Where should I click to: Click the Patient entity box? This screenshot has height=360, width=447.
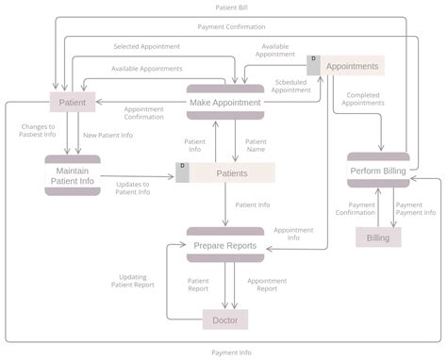tap(73, 102)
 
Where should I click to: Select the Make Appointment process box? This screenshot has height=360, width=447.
tap(224, 102)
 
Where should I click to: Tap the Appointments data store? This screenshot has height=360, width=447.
tap(351, 66)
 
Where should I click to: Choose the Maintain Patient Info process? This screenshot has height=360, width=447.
tap(73, 175)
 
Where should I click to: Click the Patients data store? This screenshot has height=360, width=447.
tap(232, 172)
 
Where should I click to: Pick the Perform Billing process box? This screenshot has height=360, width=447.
tap(378, 171)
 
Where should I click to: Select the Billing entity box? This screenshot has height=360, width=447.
tap(378, 237)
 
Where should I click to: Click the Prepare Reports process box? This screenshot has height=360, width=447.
tap(224, 245)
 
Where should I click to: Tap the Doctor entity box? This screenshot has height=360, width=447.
tap(224, 320)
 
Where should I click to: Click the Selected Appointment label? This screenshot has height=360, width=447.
tap(146, 45)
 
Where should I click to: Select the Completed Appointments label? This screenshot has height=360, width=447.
tap(364, 99)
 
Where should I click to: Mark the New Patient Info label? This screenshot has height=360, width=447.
tap(108, 135)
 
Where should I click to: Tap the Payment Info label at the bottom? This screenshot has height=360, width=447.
tap(231, 352)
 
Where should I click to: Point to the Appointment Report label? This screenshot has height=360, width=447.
tap(267, 285)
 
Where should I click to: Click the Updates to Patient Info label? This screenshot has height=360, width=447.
tap(132, 188)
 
